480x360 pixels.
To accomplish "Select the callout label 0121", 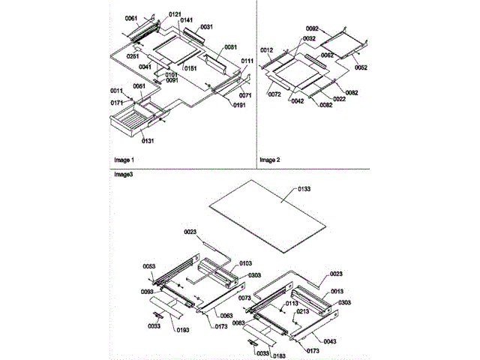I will [x=174, y=14].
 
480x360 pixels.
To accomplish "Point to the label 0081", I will [x=231, y=46].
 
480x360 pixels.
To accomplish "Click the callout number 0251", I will [x=133, y=55].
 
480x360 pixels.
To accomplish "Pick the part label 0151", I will [x=190, y=68].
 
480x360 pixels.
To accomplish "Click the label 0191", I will [x=240, y=105].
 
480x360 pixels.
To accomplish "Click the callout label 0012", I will [x=268, y=49].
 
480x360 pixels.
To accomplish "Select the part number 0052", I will [x=361, y=67].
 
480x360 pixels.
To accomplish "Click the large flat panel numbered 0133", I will [x=270, y=217].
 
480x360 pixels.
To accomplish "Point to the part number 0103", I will [x=245, y=264].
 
